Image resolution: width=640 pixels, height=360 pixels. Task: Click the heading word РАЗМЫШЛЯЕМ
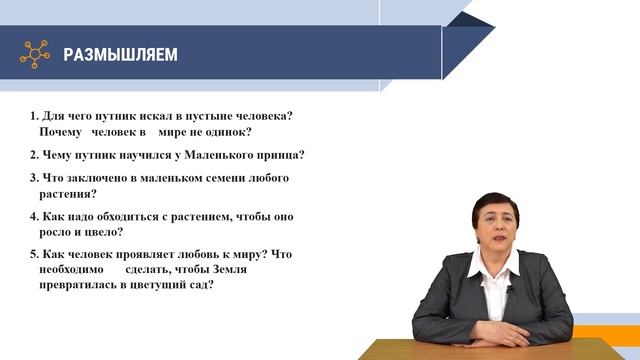[x=120, y=54]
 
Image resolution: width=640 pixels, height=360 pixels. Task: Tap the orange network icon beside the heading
[x=35, y=53]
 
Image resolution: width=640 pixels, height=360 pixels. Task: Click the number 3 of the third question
[x=33, y=178]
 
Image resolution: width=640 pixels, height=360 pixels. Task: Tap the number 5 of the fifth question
[x=33, y=254]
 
